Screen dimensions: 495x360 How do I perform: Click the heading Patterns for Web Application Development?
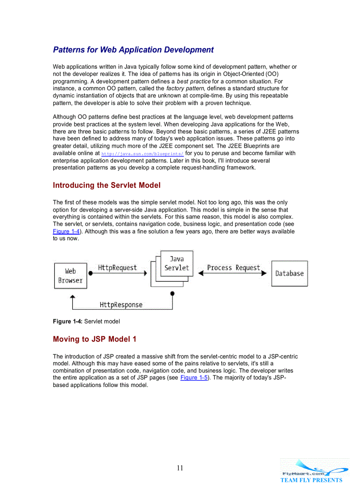click(133, 50)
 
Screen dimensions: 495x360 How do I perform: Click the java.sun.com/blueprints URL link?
click(142, 154)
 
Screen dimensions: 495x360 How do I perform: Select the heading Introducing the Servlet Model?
click(106, 185)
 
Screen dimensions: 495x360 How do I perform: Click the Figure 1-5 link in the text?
click(194, 378)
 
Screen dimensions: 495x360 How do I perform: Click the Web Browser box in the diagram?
click(71, 276)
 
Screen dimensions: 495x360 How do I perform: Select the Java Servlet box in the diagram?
click(176, 263)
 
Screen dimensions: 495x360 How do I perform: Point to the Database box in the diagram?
click(289, 273)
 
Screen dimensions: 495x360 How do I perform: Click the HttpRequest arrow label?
click(117, 268)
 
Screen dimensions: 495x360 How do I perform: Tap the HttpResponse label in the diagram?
click(121, 305)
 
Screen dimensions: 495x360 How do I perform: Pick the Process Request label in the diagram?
click(233, 268)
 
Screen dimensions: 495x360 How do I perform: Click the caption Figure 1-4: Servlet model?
click(86, 321)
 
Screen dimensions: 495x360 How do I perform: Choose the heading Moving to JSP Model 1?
click(94, 339)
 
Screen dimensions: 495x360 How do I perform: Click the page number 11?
click(180, 468)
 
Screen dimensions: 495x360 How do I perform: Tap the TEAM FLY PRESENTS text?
click(311, 480)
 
